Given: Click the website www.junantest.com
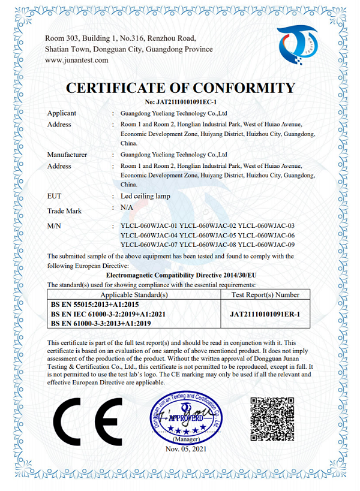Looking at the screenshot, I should [x=77, y=60].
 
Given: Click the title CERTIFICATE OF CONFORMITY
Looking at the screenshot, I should [x=180, y=88].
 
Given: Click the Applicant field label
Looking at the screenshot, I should [x=62, y=113].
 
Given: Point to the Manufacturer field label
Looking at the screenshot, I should [x=67, y=155].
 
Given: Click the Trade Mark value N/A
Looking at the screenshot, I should [x=127, y=207].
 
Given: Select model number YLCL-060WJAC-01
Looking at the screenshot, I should [x=149, y=225].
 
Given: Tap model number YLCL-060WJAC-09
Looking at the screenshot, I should [x=266, y=245].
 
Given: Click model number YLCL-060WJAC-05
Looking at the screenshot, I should [x=208, y=235].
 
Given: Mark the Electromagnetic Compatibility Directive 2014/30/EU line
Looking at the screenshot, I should [x=180, y=275].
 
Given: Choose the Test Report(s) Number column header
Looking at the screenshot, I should [x=265, y=294].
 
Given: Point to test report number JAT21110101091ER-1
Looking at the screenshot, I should [x=265, y=314].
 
